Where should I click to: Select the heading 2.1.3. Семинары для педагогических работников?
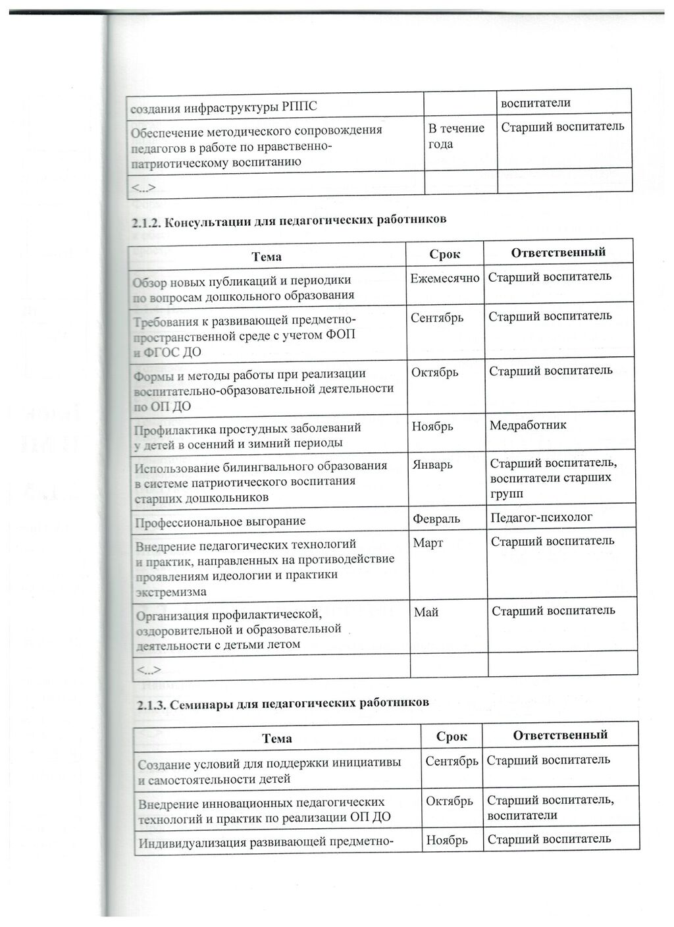point(282,703)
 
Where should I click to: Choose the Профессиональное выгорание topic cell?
point(220,521)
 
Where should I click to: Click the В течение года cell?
point(456,136)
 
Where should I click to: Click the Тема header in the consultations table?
point(266,256)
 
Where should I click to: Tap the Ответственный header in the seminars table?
point(559,735)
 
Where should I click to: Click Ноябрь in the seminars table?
point(447,840)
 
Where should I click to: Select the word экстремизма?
point(170,591)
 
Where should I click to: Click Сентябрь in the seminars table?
point(452,761)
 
